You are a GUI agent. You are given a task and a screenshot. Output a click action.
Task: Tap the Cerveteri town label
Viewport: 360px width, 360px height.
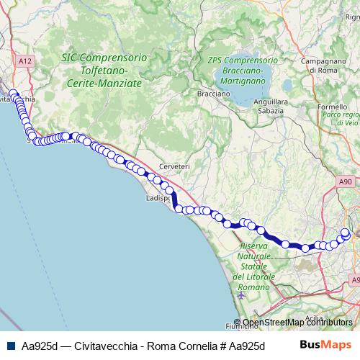click(x=175, y=166)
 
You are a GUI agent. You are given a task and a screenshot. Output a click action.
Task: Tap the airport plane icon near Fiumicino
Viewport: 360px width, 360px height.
click(x=240, y=295)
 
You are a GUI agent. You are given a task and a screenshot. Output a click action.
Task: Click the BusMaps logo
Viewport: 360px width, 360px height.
click(x=325, y=344)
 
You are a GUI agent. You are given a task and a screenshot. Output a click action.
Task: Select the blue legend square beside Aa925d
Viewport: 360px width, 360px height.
click(x=11, y=345)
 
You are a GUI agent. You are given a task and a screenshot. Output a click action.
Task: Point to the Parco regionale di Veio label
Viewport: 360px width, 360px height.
click(x=341, y=119)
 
